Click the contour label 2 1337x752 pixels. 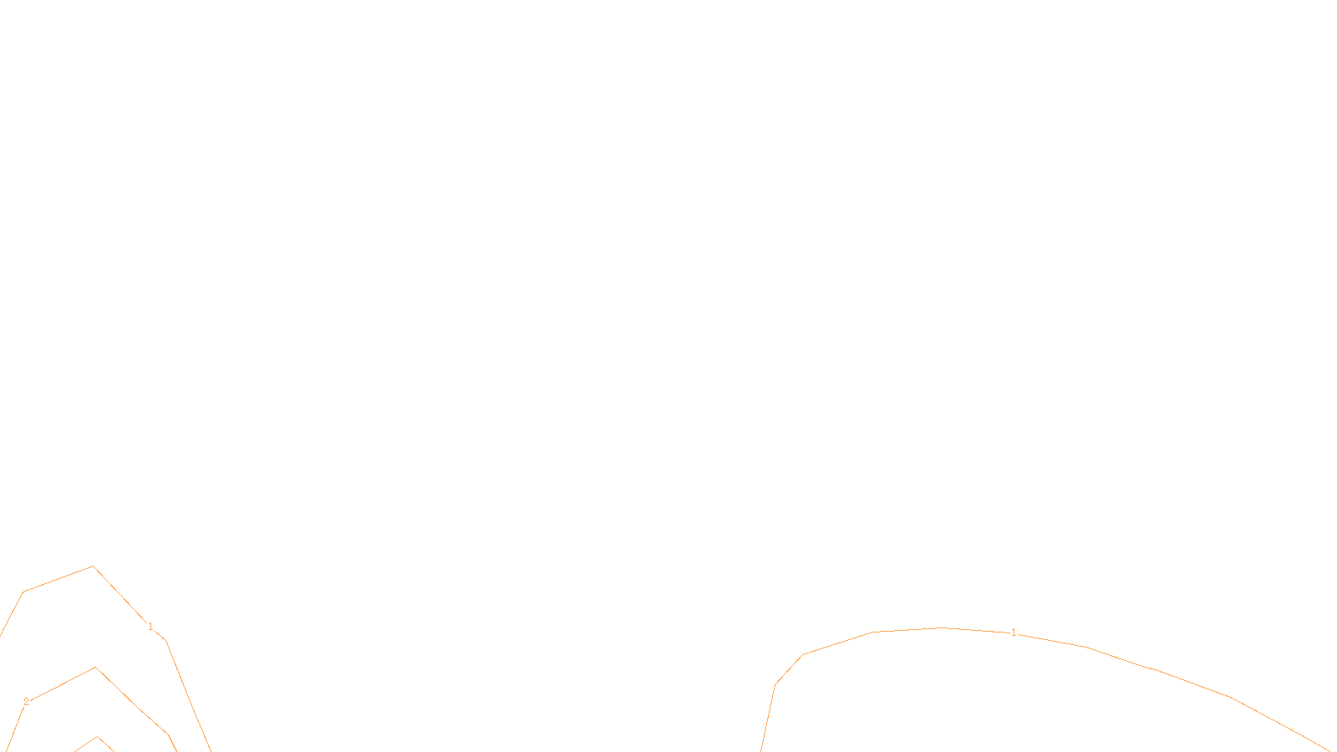26,702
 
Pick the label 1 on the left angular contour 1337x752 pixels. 150,627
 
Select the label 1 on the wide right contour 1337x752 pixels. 1014,633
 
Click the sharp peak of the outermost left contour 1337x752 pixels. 93,567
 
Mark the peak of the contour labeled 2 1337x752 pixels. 96,668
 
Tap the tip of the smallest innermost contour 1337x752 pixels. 98,737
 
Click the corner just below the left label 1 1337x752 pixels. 165,641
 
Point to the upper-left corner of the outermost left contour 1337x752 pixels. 23,592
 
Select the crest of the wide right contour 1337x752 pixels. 943,628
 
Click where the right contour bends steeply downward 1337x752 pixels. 775,685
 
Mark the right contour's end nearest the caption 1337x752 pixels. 761,749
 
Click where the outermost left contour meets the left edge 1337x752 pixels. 2,635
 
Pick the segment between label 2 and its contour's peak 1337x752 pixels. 61,684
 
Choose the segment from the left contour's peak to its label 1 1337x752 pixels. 121,596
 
